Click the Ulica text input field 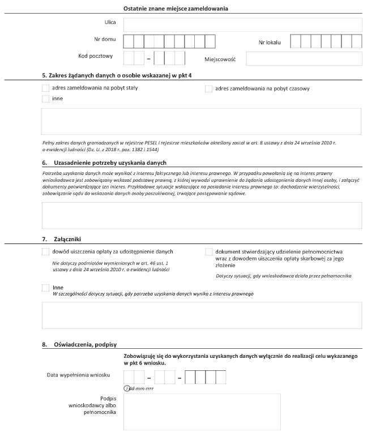pyautogui.click(x=242, y=24)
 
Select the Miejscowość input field pyautogui.click(x=304, y=58)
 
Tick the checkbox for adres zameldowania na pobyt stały pyautogui.click(x=45, y=88)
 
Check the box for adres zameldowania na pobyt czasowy pyautogui.click(x=208, y=89)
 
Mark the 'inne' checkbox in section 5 pyautogui.click(x=45, y=99)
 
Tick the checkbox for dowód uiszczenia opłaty pyautogui.click(x=45, y=251)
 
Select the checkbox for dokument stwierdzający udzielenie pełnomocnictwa pyautogui.click(x=208, y=252)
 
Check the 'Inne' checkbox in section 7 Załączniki pyautogui.click(x=45, y=288)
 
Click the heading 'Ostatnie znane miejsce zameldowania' pyautogui.click(x=177, y=8)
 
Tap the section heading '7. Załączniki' pyautogui.click(x=63, y=239)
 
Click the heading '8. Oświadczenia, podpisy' pyautogui.click(x=83, y=344)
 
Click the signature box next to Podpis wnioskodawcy pyautogui.click(x=203, y=413)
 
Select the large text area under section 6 pyautogui.click(x=202, y=215)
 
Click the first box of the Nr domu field pyautogui.click(x=129, y=41)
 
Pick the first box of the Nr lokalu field pyautogui.click(x=295, y=41)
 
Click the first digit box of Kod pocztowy pyautogui.click(x=129, y=58)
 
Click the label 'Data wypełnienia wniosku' pyautogui.click(x=79, y=375)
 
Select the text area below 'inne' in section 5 pyautogui.click(x=202, y=121)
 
